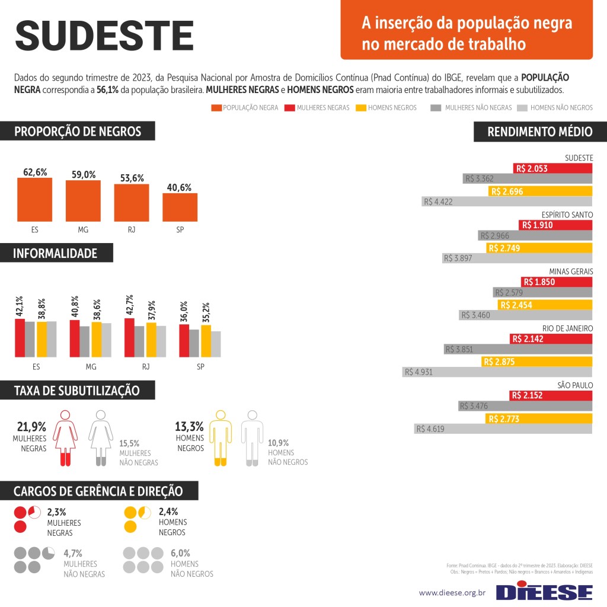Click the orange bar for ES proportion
pyautogui.click(x=34, y=199)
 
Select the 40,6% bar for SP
pyautogui.click(x=180, y=207)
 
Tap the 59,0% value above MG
pyautogui.click(x=84, y=174)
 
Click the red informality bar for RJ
pyautogui.click(x=129, y=337)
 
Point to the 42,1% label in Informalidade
pyautogui.click(x=20, y=306)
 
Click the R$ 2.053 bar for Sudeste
pyautogui.click(x=553, y=168)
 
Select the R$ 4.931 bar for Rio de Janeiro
pyautogui.click(x=497, y=372)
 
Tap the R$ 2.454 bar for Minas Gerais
pyautogui.click(x=545, y=305)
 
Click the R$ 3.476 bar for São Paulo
pyautogui.click(x=525, y=406)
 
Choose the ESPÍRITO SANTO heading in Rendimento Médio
pyautogui.click(x=567, y=215)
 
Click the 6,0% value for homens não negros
pyautogui.click(x=181, y=553)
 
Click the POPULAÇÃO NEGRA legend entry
pyautogui.click(x=244, y=108)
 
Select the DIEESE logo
pyautogui.click(x=544, y=592)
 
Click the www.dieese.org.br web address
pyautogui.click(x=452, y=592)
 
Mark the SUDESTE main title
pyautogui.click(x=104, y=36)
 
